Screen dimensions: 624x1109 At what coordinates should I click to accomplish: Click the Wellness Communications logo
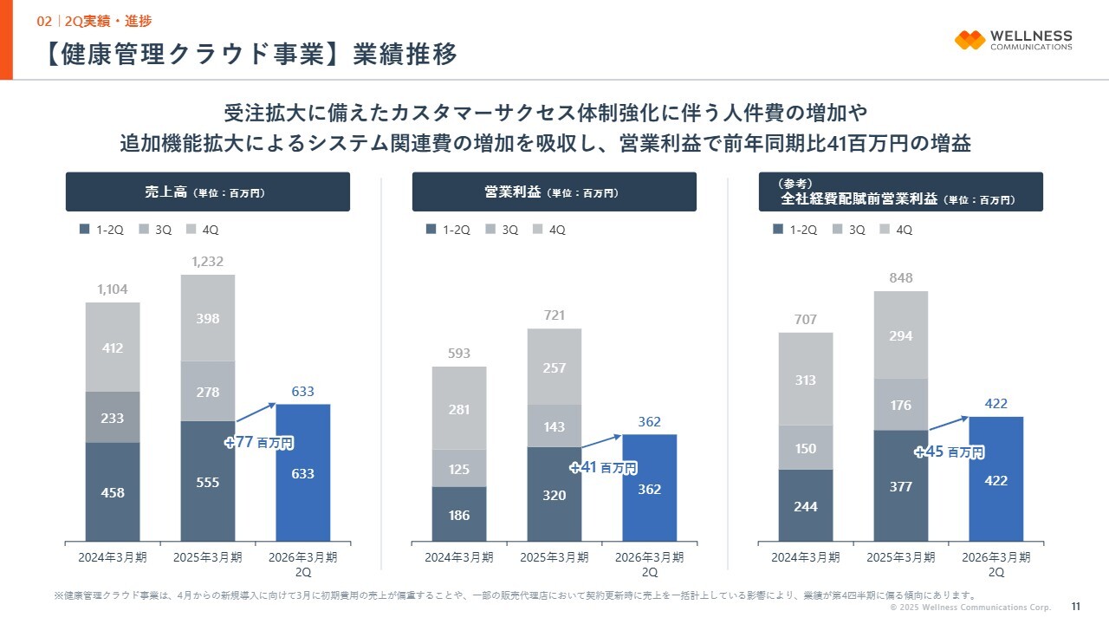1013,40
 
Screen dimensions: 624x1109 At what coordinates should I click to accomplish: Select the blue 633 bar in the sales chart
302,473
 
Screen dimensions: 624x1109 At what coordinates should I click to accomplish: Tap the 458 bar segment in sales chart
113,491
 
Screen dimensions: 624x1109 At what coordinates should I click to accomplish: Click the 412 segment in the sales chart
113,347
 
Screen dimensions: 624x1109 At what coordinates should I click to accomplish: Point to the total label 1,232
207,262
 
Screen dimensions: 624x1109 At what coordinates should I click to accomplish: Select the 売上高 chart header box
208,192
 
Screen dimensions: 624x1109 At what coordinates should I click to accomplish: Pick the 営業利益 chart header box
554,192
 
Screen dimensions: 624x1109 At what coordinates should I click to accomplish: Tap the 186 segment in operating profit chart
459,514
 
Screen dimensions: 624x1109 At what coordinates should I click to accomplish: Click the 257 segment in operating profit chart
554,367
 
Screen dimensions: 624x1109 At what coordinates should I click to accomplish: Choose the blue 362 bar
650,488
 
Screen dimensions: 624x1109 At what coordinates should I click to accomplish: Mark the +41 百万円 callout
604,468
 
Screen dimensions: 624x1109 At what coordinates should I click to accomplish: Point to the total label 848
901,278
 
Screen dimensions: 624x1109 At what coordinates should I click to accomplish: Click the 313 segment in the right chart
806,379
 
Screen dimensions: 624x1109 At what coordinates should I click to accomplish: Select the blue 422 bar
996,479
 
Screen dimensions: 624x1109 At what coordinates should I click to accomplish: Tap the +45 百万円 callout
950,452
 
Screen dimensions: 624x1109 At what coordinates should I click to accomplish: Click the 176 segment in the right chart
901,404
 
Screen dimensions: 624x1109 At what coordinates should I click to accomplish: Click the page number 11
1075,607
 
